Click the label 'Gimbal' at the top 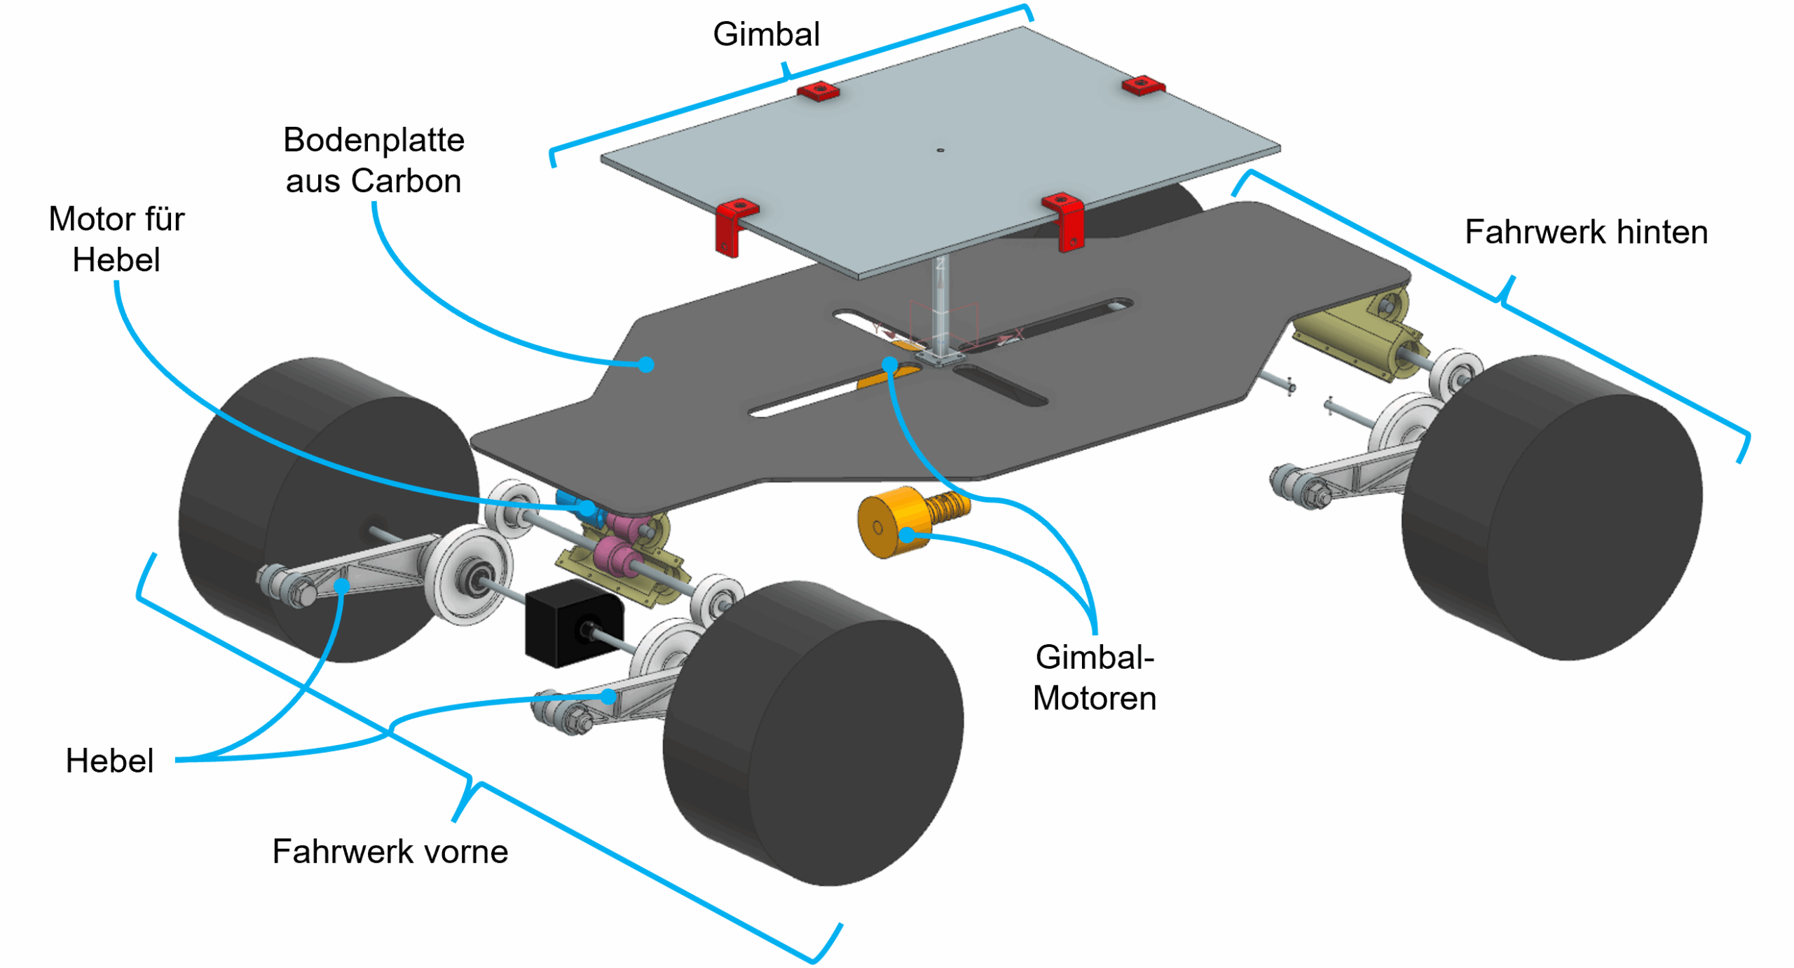point(765,34)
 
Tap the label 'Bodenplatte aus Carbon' point(373,160)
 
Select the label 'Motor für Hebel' point(116,239)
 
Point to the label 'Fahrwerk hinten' point(1585,232)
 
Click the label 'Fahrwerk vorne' point(390,851)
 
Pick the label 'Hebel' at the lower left point(109,761)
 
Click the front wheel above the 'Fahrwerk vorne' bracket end point(813,736)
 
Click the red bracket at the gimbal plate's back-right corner point(1142,86)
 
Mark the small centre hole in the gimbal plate point(940,150)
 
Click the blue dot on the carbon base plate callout point(646,364)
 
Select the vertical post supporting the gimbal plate point(940,308)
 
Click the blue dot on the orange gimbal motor point(907,535)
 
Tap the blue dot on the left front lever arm point(342,586)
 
